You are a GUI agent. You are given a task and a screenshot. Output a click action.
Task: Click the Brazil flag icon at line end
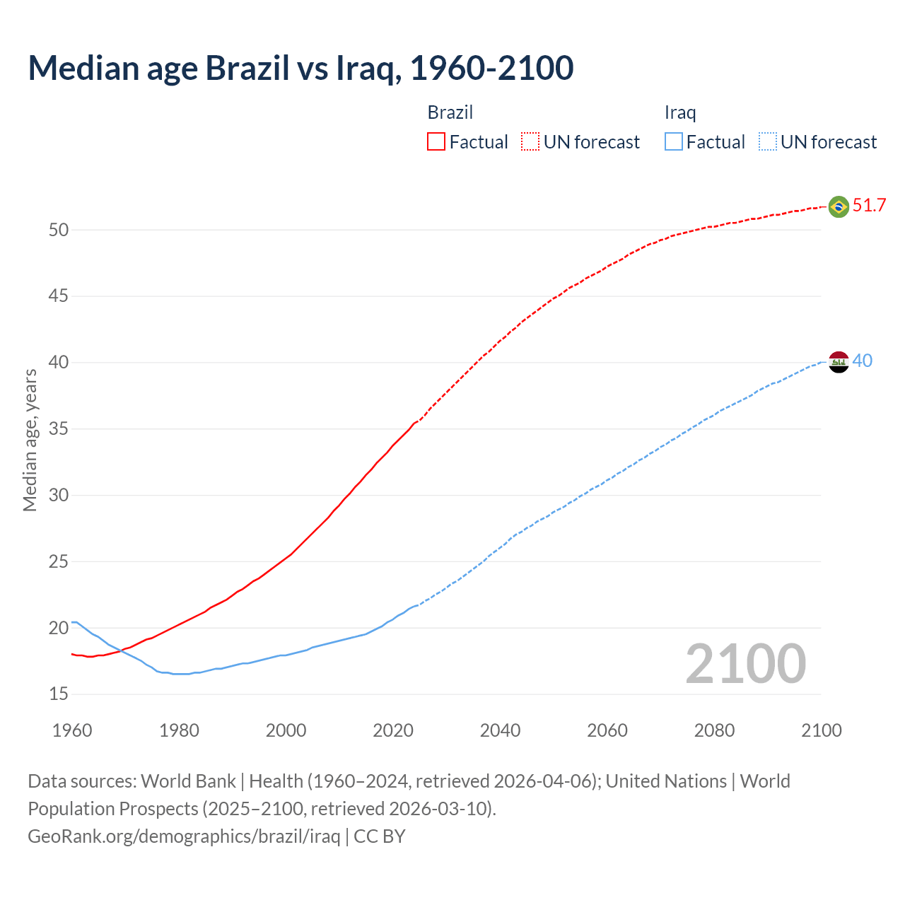(839, 206)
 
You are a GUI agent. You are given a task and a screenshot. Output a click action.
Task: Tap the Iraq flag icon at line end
(839, 361)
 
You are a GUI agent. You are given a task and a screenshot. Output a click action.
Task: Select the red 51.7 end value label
(869, 206)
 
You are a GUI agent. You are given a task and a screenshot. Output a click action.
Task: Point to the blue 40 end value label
(862, 361)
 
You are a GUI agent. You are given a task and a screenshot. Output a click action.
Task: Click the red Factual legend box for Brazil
(436, 141)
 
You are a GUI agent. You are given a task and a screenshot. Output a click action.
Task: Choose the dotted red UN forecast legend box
(530, 141)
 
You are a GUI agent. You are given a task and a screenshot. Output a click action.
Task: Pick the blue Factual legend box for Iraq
(674, 141)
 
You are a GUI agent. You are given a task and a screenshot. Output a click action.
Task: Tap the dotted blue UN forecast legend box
(767, 141)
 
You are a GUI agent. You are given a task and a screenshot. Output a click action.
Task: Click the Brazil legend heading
(450, 112)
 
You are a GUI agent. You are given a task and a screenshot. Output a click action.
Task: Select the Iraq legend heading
(680, 112)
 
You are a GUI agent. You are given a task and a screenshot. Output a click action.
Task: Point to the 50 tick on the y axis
(59, 230)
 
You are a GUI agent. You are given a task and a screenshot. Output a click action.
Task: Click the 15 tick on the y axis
(59, 694)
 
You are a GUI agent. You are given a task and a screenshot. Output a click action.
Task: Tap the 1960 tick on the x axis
(72, 730)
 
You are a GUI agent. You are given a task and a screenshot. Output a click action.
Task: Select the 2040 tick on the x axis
(500, 730)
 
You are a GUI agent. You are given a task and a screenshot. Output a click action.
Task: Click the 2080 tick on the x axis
(714, 730)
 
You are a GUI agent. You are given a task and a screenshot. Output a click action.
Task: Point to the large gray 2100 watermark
(745, 664)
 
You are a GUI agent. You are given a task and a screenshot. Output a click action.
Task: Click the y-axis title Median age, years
(30, 440)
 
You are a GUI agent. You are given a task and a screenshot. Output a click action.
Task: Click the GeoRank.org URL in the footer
(184, 836)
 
